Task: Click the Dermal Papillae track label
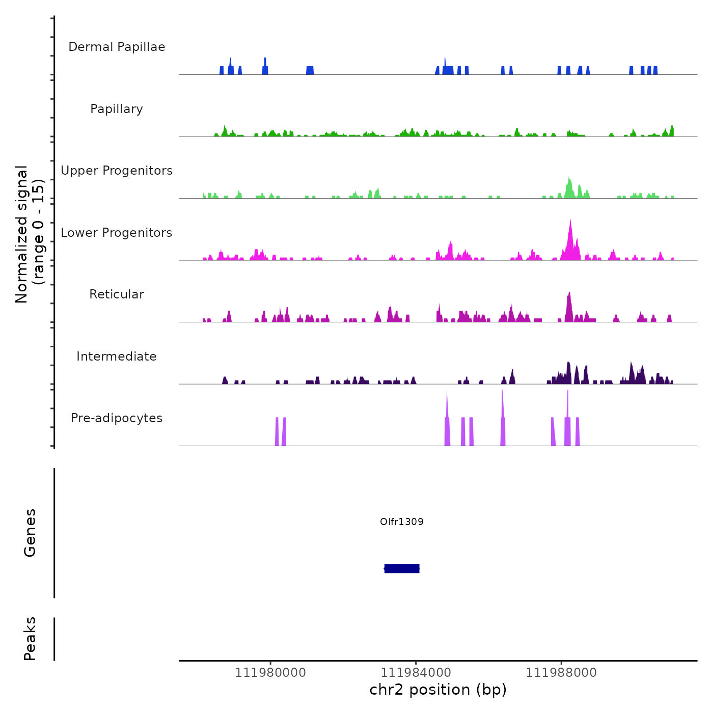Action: pos(117,47)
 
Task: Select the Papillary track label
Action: pos(117,109)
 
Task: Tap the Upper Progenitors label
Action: pos(117,171)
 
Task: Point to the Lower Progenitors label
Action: pos(117,233)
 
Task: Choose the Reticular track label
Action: pos(117,294)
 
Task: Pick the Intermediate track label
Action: pos(117,356)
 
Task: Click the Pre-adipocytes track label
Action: pos(117,418)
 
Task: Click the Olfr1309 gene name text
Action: pos(402,522)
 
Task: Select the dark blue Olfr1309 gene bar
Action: pos(402,568)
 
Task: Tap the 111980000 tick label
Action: pos(270,673)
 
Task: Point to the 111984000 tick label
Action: pos(416,673)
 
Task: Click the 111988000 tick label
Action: pos(561,673)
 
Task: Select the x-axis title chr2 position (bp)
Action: pos(438,690)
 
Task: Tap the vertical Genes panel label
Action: pos(30,533)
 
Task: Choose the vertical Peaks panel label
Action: pos(30,639)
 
